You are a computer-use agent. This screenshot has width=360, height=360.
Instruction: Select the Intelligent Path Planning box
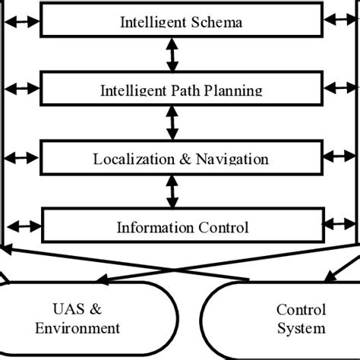coord(182,90)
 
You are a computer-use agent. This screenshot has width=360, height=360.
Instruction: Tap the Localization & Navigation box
coord(182,158)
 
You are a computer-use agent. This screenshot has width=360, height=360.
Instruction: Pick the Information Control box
coord(182,226)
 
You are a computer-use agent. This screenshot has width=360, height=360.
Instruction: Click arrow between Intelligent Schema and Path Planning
coord(174,55)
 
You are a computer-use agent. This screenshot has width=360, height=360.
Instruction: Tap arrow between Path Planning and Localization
coord(174,123)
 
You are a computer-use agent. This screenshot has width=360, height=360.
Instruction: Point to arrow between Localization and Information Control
coord(174,191)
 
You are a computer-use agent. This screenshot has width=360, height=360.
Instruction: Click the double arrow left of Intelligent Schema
coord(20,22)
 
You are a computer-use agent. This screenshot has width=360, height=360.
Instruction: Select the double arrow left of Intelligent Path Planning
coord(20,90)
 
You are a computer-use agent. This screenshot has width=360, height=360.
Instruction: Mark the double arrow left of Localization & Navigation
coord(20,157)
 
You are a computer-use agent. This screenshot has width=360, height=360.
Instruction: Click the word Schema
coord(216,23)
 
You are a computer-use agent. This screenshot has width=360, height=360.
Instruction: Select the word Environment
coord(81,328)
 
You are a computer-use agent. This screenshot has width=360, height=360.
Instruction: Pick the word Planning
coord(237,91)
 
